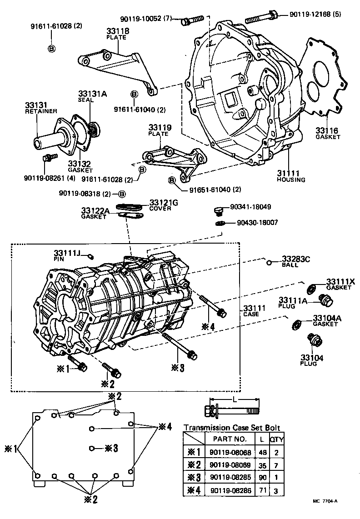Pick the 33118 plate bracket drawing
point(119,69)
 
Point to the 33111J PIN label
point(66,255)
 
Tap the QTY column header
point(276,439)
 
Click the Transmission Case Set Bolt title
point(231,428)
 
